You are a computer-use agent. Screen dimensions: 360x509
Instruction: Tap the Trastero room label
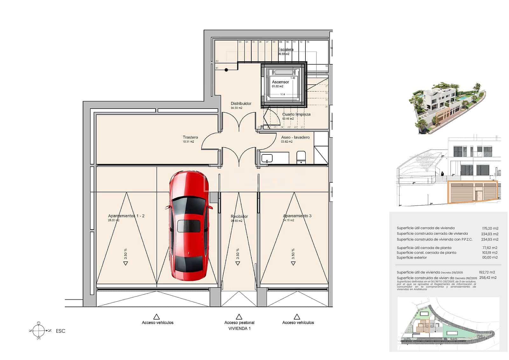coord(190,138)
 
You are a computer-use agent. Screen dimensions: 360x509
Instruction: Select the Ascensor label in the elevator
coord(280,82)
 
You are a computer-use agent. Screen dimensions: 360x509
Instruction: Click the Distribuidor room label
coord(241,103)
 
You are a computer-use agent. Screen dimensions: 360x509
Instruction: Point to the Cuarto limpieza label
coord(296,114)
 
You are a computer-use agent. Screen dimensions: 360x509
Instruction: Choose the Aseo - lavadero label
coord(295,138)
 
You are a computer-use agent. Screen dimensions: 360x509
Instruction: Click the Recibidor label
coord(239,216)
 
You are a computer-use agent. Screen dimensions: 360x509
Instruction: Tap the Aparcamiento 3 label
coord(297,216)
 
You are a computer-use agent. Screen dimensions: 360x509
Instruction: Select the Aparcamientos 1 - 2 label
coord(126,216)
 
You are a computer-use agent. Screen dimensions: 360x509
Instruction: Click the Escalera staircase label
coord(286,50)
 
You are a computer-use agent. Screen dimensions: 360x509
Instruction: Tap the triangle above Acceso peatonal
coord(239,317)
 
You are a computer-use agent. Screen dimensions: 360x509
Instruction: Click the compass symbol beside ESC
coord(38,331)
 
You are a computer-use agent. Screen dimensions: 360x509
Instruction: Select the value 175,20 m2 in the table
coord(490,228)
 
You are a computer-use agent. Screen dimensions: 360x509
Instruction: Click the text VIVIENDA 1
coord(239,328)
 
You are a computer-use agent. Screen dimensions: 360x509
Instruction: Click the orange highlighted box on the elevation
coord(472,192)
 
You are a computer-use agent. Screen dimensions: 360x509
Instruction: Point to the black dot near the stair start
coord(226,70)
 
